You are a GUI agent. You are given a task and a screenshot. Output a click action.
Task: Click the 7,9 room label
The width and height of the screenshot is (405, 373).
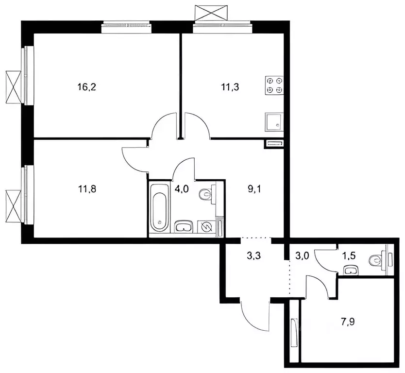coord(346,320)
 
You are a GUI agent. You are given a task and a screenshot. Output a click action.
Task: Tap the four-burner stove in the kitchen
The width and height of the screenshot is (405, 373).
coord(273,85)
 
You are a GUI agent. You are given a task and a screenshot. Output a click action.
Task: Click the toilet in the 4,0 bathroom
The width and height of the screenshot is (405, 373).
coord(207,195)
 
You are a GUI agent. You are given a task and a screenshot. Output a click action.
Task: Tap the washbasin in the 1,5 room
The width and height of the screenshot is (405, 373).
coord(350,269)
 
